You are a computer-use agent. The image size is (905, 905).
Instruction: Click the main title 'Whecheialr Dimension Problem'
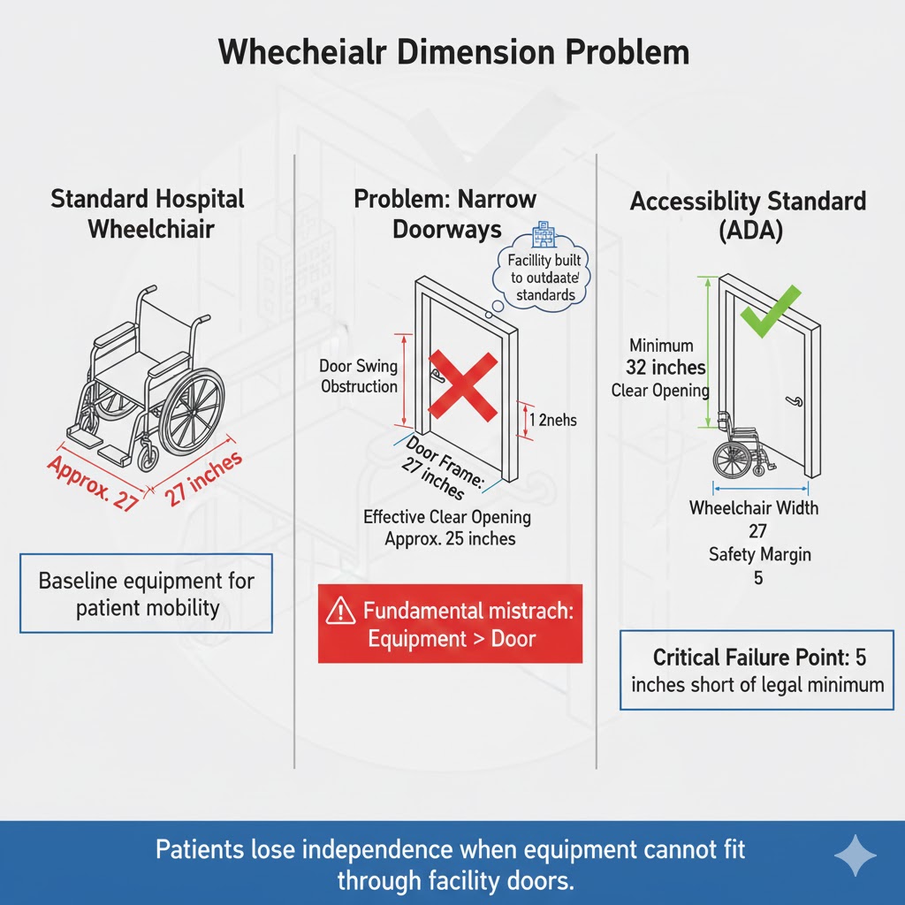(x=452, y=52)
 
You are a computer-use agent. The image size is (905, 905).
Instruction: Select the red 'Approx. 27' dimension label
(x=94, y=483)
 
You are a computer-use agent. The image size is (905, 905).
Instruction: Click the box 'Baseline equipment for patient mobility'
(x=146, y=594)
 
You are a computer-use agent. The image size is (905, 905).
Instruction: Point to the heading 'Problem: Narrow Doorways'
(x=445, y=213)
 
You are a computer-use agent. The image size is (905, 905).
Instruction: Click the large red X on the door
(x=463, y=384)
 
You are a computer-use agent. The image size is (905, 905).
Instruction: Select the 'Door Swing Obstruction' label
(x=359, y=376)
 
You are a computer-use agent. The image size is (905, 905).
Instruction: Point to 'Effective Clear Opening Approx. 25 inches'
(x=446, y=528)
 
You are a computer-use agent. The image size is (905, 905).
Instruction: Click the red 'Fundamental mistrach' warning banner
(x=450, y=624)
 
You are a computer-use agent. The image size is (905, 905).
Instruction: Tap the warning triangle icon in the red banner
(x=339, y=612)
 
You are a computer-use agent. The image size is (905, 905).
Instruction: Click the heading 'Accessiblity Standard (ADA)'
(x=748, y=215)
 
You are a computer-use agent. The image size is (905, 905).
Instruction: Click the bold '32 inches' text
(x=665, y=368)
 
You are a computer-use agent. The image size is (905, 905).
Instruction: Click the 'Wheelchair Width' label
(x=753, y=508)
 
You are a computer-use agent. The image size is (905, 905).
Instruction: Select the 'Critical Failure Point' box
(x=757, y=671)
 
